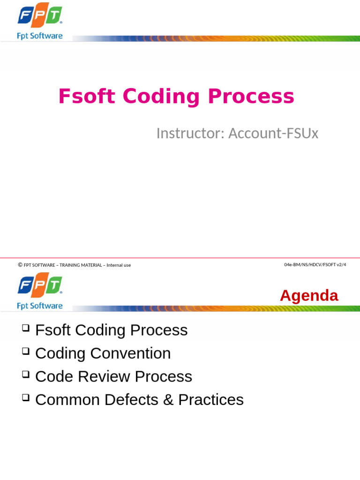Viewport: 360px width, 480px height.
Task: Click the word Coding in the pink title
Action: pyautogui.click(x=161, y=97)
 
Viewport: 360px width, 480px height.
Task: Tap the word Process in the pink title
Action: pyautogui.click(x=251, y=97)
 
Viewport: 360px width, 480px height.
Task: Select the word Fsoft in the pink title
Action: pyautogui.click(x=87, y=96)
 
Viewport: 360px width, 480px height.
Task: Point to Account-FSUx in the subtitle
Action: pyautogui.click(x=273, y=133)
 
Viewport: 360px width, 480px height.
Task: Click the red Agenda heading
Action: pyautogui.click(x=309, y=296)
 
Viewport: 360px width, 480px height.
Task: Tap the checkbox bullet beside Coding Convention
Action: pyautogui.click(x=26, y=351)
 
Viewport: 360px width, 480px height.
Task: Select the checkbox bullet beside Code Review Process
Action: pyautogui.click(x=26, y=374)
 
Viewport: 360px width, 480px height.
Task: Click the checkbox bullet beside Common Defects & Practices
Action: pyautogui.click(x=26, y=397)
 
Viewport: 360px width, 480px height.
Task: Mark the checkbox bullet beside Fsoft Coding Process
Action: pyautogui.click(x=26, y=328)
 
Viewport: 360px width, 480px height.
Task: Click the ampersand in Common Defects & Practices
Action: pyautogui.click(x=168, y=400)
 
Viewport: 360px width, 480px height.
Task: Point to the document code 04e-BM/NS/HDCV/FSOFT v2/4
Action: pyautogui.click(x=315, y=265)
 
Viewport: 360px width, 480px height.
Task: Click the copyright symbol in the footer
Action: pyautogui.click(x=20, y=265)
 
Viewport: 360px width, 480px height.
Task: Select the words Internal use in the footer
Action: pyautogui.click(x=119, y=265)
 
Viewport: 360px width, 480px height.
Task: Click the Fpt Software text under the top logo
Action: pyautogui.click(x=40, y=36)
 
